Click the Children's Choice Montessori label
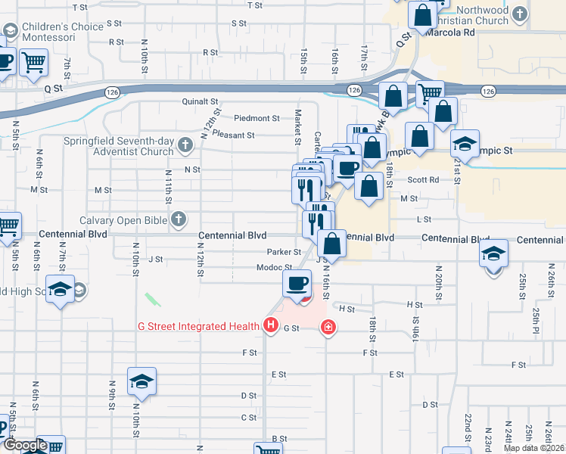[63, 32]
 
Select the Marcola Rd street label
[449, 33]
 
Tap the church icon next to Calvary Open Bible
[179, 219]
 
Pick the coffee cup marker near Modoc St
[297, 284]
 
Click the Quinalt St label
[200, 101]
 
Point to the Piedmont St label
[257, 118]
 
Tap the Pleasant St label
[233, 135]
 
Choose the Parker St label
[284, 252]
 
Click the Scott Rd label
[423, 180]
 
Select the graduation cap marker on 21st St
[465, 143]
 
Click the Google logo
[24, 445]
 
